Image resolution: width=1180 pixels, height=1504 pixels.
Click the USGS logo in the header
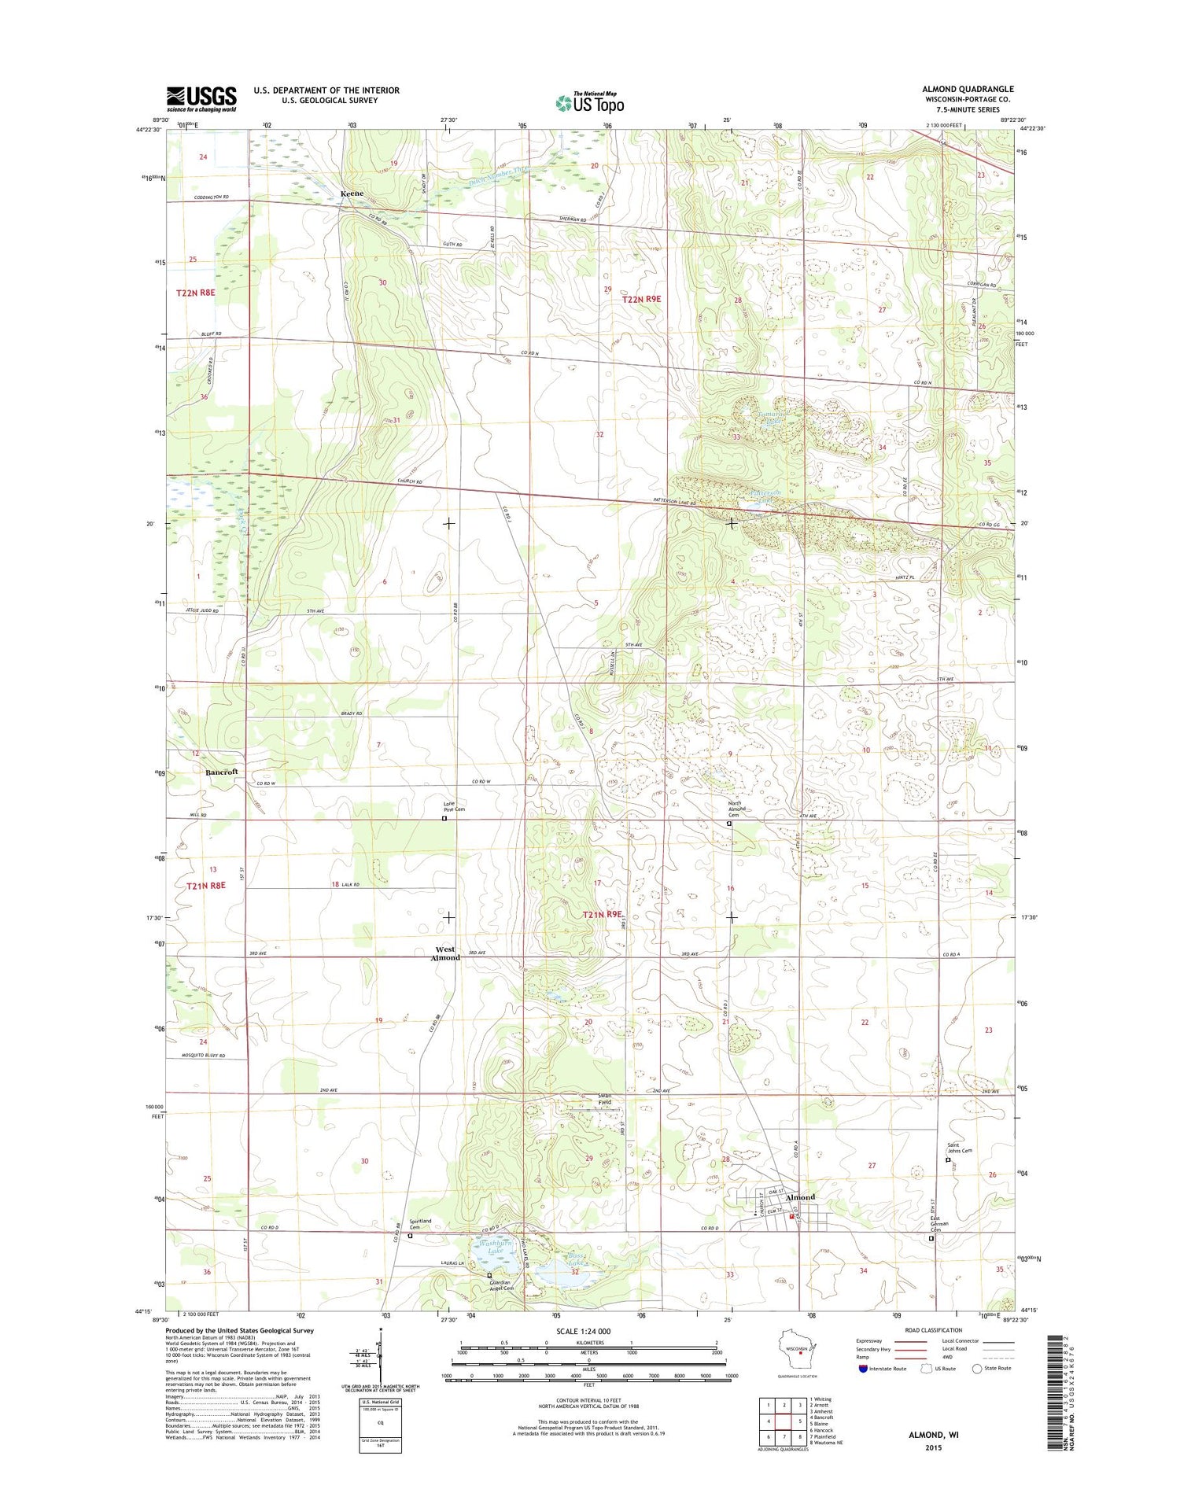201,98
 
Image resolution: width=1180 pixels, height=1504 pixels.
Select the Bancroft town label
222,772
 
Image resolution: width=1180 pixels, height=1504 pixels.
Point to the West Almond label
445,953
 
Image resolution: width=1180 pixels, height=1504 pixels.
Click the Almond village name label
800,1197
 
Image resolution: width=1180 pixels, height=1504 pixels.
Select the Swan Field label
604,1099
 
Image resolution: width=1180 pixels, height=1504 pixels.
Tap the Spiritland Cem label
419,1223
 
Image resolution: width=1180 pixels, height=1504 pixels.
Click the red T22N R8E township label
195,293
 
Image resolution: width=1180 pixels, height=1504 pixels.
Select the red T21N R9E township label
603,914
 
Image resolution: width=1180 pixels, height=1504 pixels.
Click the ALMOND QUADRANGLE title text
968,89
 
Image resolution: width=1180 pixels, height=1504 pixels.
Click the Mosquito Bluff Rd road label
203,1055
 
